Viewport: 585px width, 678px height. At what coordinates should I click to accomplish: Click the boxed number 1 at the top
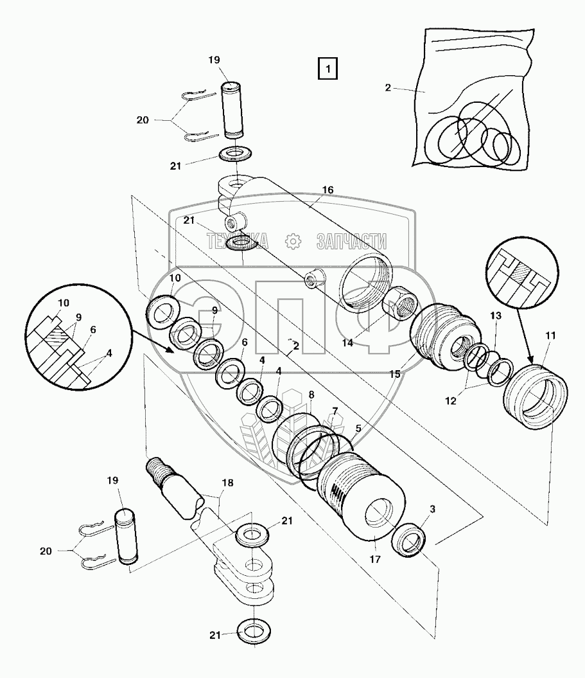[327, 69]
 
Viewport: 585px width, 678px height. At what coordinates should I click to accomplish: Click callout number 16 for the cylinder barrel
[328, 190]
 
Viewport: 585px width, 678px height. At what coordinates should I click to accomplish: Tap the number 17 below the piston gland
[375, 560]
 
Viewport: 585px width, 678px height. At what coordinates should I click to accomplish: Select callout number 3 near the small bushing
[432, 509]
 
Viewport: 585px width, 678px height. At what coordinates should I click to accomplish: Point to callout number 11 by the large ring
[550, 335]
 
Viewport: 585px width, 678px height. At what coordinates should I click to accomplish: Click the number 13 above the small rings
[496, 316]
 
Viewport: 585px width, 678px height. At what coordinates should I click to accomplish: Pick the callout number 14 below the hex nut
[347, 343]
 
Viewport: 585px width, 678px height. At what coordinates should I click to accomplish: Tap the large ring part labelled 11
[536, 397]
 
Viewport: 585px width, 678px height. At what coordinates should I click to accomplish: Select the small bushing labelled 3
[408, 539]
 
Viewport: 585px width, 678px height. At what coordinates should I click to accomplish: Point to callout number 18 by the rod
[228, 483]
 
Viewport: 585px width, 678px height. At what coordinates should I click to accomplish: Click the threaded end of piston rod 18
[157, 468]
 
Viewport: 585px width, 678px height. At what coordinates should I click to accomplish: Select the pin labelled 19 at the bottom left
[126, 537]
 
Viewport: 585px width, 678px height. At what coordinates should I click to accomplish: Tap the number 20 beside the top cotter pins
[143, 120]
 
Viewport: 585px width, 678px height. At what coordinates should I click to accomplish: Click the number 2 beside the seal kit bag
[388, 88]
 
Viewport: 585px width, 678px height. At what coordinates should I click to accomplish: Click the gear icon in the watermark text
[293, 241]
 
